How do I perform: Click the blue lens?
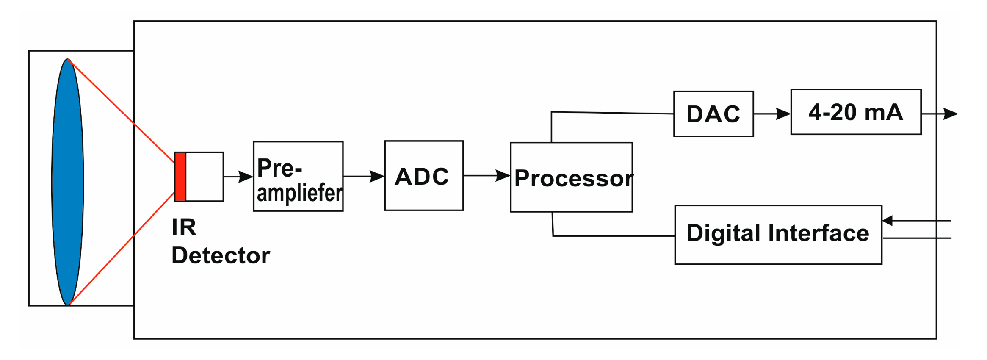[x=67, y=182]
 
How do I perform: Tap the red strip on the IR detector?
[x=180, y=177]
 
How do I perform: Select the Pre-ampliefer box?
[x=298, y=177]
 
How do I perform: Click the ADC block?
[x=423, y=176]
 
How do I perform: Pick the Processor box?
[x=571, y=177]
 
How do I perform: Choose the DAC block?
[x=713, y=114]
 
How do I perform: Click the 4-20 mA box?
[x=855, y=112]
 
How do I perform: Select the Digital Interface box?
[x=778, y=235]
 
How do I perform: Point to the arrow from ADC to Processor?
[x=487, y=175]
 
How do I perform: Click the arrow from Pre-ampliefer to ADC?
[x=364, y=176]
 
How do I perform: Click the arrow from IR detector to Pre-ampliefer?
[x=238, y=177]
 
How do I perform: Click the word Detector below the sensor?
[x=221, y=256]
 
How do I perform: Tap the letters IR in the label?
[x=184, y=227]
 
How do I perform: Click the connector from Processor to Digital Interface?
[x=614, y=236]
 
